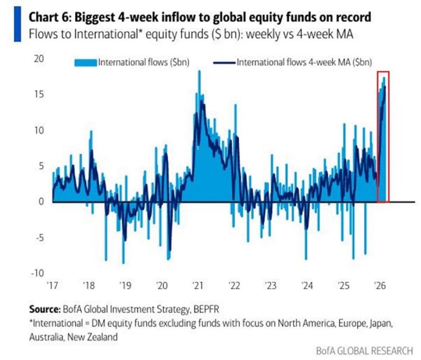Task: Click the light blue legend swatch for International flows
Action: [85, 63]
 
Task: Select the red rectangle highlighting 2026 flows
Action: [383, 136]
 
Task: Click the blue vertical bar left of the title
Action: [17, 24]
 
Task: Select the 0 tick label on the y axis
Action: [40, 201]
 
